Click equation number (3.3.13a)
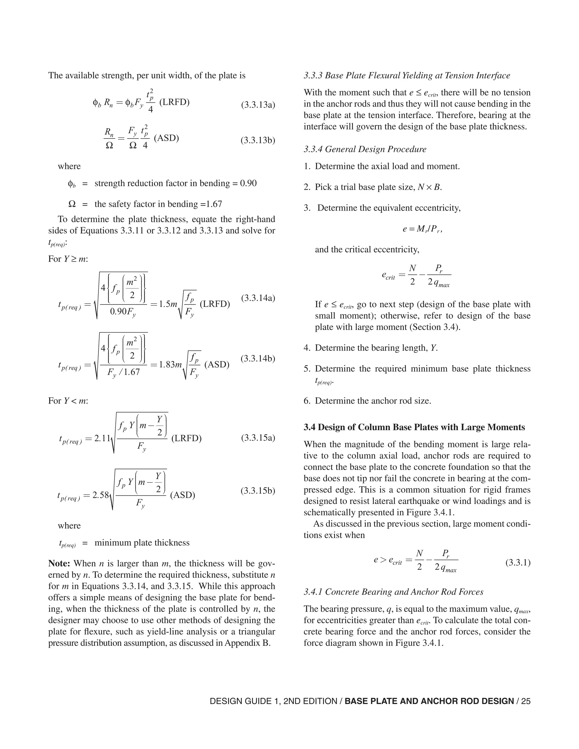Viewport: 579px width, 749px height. (x=258, y=105)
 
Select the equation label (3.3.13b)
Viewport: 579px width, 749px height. (x=258, y=140)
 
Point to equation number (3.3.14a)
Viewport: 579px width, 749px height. (x=258, y=298)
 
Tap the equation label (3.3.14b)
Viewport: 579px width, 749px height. (x=258, y=359)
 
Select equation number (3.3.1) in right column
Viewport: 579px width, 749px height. (x=518, y=563)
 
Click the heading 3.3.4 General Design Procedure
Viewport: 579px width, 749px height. (x=365, y=149)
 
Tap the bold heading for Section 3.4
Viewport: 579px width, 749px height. (x=414, y=427)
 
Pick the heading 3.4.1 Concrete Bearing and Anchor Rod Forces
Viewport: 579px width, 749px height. (x=394, y=592)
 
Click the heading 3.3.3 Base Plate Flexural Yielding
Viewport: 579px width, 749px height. (x=407, y=75)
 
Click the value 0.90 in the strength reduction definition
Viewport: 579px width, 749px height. (x=248, y=183)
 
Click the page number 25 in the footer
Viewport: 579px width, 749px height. (x=526, y=701)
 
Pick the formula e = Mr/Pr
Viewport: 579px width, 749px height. (x=423, y=229)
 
